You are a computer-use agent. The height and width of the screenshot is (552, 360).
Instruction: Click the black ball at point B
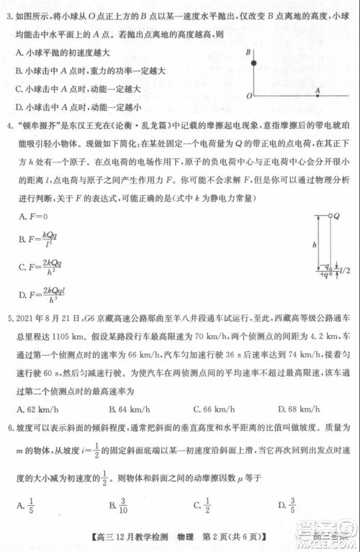(253, 64)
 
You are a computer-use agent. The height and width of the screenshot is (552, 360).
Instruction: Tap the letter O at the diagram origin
(248, 94)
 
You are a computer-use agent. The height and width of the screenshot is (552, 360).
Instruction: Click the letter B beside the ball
(248, 53)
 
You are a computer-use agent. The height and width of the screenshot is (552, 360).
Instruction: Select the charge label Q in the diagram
(336, 216)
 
